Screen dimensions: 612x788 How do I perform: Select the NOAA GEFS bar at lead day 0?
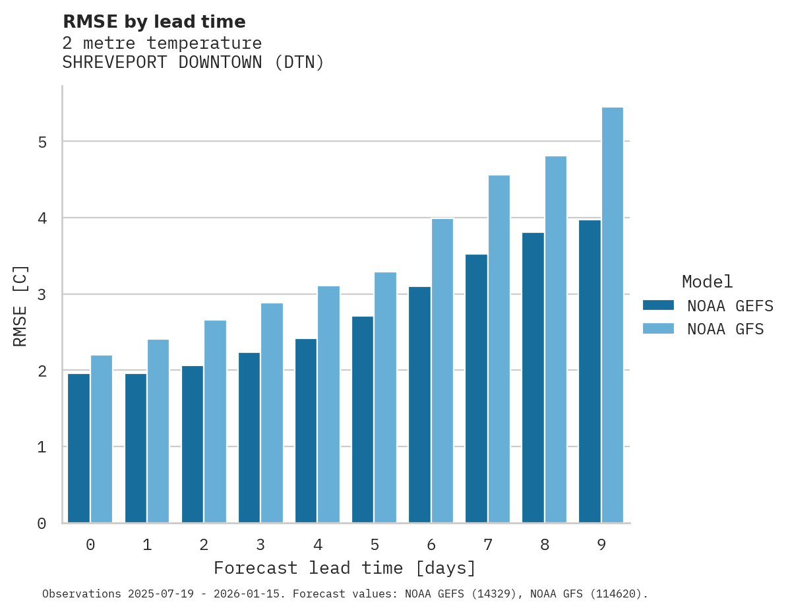tap(79, 448)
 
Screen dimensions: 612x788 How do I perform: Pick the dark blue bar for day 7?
tap(476, 388)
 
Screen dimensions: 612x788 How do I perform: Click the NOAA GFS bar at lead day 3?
tap(272, 413)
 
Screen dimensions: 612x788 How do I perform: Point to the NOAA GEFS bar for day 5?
tap(363, 419)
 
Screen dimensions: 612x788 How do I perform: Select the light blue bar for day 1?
tap(158, 431)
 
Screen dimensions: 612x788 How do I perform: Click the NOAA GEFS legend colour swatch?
tap(658, 305)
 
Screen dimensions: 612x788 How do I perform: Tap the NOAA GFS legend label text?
tap(725, 329)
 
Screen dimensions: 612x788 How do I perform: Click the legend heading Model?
tap(707, 282)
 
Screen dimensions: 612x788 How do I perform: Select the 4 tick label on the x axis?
tap(318, 545)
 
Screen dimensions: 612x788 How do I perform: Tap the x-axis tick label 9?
tap(601, 545)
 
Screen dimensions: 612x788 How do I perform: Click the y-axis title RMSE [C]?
tap(20, 305)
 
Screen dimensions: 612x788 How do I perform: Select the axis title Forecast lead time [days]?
tap(344, 568)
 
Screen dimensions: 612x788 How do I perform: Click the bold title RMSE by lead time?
tap(154, 22)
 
